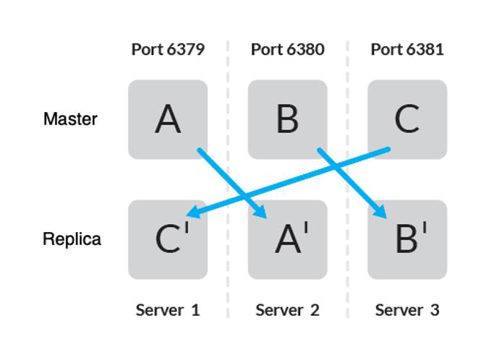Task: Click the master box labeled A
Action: click(x=168, y=119)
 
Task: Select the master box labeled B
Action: click(x=287, y=119)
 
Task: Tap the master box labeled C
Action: click(x=407, y=119)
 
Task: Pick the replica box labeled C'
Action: click(x=168, y=239)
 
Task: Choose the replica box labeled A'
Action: click(x=287, y=239)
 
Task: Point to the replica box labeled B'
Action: click(x=407, y=239)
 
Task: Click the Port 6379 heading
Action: click(x=168, y=50)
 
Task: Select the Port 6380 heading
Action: click(x=287, y=50)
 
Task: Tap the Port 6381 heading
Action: click(x=407, y=50)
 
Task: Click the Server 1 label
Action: click(x=168, y=310)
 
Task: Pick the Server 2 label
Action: click(x=287, y=310)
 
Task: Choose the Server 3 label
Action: click(x=407, y=310)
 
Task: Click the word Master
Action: click(x=70, y=119)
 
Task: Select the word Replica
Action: click(x=72, y=239)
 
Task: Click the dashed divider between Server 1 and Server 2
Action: click(x=228, y=181)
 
